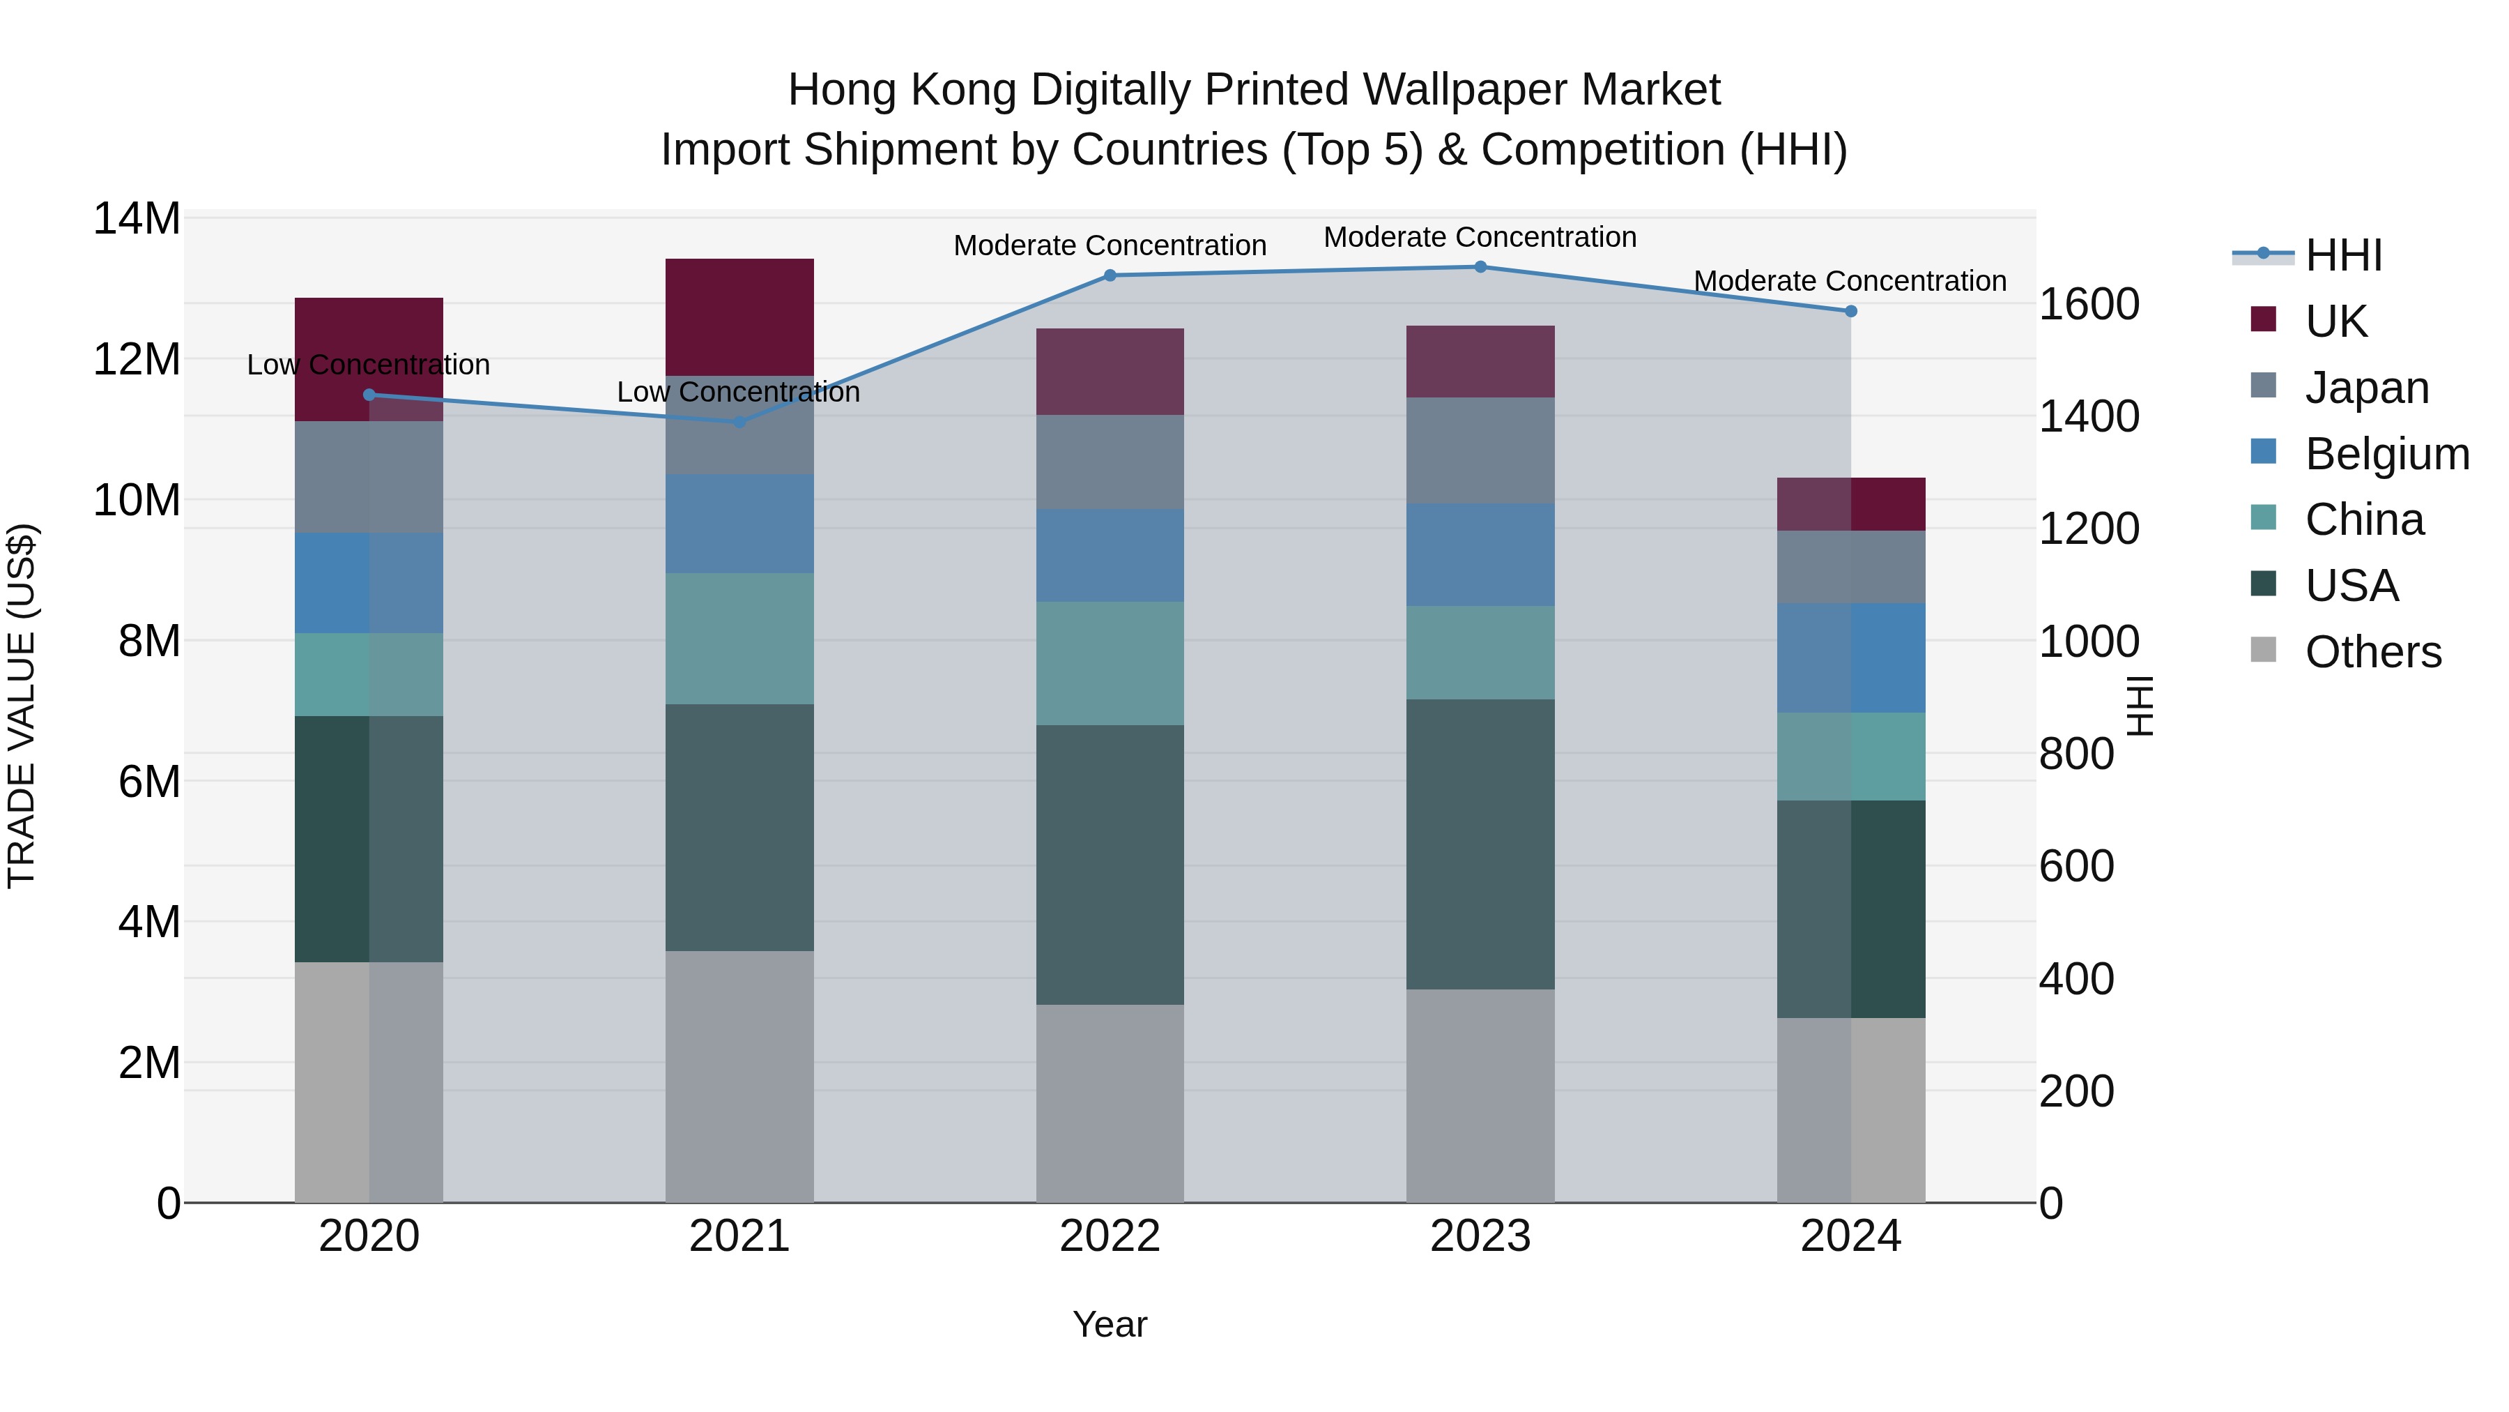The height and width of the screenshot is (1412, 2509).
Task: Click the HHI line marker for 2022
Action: click(x=1110, y=275)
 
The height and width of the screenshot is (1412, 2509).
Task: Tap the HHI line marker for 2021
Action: click(x=738, y=422)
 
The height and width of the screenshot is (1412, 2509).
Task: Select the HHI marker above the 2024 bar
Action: click(x=1850, y=311)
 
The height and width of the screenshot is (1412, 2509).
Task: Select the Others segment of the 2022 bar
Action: click(x=1110, y=1103)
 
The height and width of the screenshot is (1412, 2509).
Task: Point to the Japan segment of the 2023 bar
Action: click(x=1480, y=450)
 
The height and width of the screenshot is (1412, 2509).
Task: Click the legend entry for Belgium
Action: click(x=2386, y=454)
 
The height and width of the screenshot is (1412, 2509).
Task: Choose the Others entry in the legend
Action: click(x=2372, y=652)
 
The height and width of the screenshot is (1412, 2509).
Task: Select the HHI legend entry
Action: click(x=2342, y=255)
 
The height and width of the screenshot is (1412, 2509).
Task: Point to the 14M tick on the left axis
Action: click(x=137, y=218)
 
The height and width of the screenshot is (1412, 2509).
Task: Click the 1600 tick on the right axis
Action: click(x=2088, y=304)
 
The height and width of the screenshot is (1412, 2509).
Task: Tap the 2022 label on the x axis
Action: click(x=1110, y=1236)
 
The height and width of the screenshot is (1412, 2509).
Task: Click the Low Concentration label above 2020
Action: click(x=368, y=365)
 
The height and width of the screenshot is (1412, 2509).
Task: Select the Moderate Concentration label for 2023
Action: click(x=1480, y=237)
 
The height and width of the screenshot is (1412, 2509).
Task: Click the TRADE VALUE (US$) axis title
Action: click(x=22, y=706)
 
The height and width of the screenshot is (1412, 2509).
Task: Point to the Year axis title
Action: click(x=1110, y=1324)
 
